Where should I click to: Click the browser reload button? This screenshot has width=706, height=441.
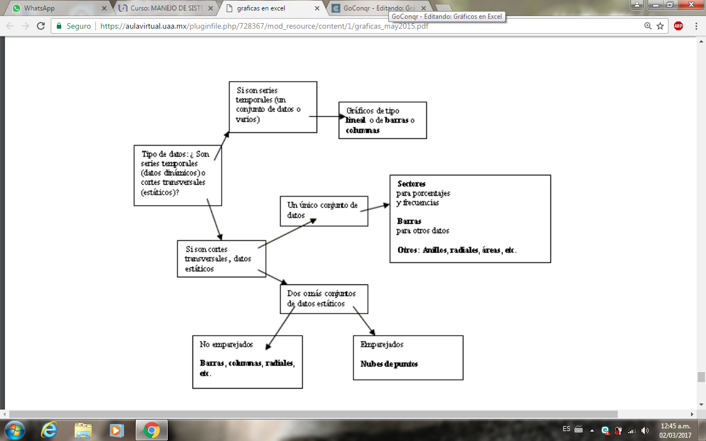pyautogui.click(x=40, y=26)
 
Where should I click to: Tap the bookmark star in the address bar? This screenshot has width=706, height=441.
pyautogui.click(x=660, y=26)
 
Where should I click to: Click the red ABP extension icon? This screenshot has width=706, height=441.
pyautogui.click(x=678, y=26)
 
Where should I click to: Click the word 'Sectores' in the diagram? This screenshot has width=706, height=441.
pyautogui.click(x=411, y=184)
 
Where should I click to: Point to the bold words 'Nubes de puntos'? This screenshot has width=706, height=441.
pyautogui.click(x=389, y=364)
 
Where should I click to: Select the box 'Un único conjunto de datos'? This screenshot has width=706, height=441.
pyautogui.click(x=323, y=211)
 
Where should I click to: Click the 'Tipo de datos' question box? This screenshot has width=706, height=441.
pyautogui.click(x=178, y=174)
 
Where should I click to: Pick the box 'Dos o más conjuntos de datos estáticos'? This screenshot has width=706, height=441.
pyautogui.click(x=323, y=299)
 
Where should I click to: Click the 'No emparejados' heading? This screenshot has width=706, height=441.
pyautogui.click(x=226, y=345)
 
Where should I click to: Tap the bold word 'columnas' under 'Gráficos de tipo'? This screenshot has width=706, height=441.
pyautogui.click(x=362, y=131)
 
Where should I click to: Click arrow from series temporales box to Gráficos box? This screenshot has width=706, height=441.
pyautogui.click(x=328, y=117)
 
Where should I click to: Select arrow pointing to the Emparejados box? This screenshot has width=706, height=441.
pyautogui.click(x=364, y=321)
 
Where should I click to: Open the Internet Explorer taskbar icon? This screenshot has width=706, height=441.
pyautogui.click(x=50, y=429)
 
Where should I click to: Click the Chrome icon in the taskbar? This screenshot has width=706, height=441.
pyautogui.click(x=151, y=429)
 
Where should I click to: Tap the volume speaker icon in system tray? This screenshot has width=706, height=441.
pyautogui.click(x=645, y=430)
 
